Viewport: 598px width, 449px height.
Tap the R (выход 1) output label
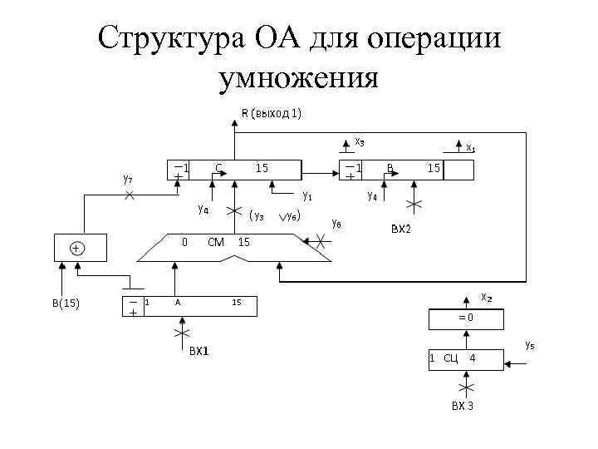(x=271, y=113)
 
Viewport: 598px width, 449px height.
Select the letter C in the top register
(x=218, y=168)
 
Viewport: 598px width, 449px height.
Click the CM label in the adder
(x=216, y=242)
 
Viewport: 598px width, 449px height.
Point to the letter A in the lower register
(x=178, y=303)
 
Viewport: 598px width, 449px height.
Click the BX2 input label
(x=400, y=229)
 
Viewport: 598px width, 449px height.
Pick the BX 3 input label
(x=463, y=407)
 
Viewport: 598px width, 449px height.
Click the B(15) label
(x=66, y=303)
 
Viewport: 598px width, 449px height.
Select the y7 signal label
(x=128, y=178)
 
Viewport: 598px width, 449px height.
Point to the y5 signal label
(x=529, y=343)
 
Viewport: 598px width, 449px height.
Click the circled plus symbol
(x=76, y=248)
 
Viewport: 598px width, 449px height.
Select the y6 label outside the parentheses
(x=336, y=223)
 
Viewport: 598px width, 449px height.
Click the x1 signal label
(x=470, y=148)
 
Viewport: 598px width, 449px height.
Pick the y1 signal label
(x=307, y=196)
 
